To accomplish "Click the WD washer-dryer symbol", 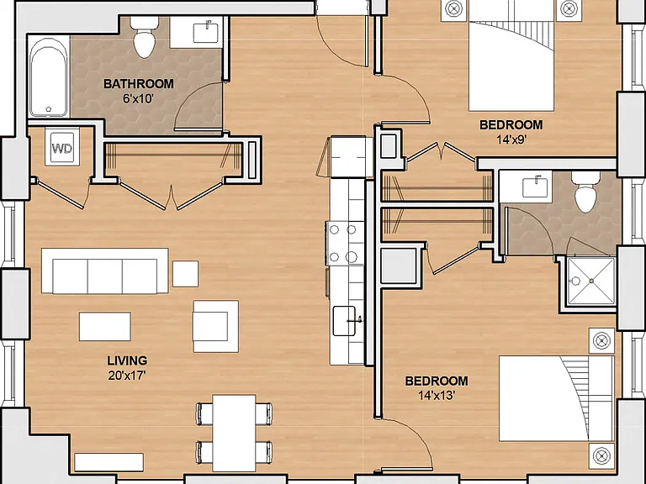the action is click(62, 147).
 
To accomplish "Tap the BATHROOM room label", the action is click(139, 84).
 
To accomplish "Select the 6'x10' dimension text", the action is click(139, 99).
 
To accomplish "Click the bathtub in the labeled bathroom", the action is click(49, 77).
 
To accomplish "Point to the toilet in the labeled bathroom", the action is click(144, 38).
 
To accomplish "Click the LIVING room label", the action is click(127, 360).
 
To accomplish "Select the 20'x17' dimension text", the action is click(127, 376).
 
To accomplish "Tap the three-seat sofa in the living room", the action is click(105, 271).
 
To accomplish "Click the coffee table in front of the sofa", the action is click(105, 326).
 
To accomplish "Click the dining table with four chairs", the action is click(234, 433).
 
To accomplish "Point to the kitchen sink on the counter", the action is click(344, 321).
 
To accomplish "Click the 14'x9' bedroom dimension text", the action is click(511, 140).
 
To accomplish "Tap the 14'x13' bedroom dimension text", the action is click(437, 396).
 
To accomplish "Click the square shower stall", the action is click(590, 281).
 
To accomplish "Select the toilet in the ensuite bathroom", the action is click(585, 192).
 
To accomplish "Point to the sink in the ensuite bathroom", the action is click(537, 187).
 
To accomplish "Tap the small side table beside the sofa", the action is click(185, 274).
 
